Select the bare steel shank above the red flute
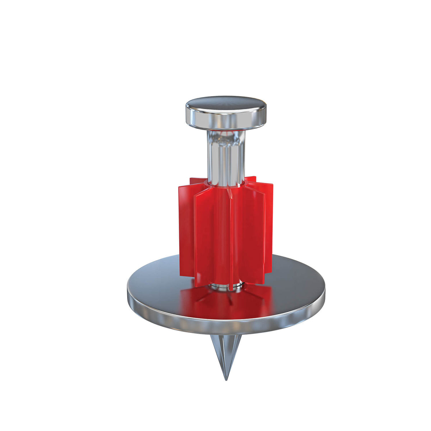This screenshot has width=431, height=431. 225,158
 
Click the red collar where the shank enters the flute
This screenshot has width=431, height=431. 225,184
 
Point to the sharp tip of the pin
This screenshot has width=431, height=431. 226,379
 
